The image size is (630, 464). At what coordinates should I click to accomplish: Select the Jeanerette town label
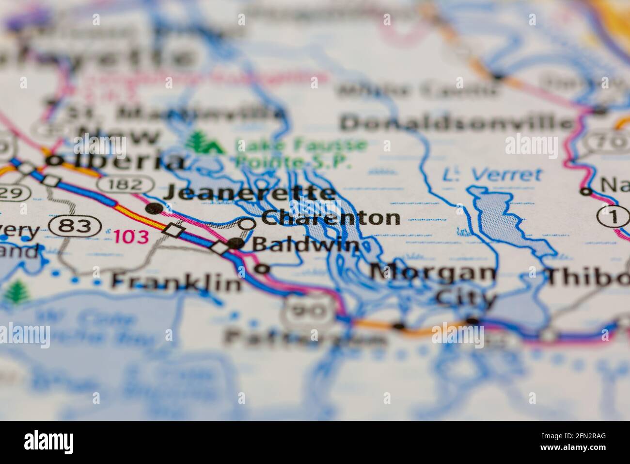tap(250, 193)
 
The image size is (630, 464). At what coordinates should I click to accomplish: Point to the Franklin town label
tap(176, 281)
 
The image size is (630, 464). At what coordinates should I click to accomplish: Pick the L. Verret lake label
tap(493, 174)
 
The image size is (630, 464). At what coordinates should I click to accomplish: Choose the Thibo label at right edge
tap(588, 277)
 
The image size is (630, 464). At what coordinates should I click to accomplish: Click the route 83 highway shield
tap(76, 226)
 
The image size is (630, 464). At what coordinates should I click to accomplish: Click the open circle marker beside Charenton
tap(248, 224)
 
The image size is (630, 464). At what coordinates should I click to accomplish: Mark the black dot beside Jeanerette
tap(154, 208)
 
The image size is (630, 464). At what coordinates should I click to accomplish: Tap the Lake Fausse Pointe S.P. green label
tap(300, 153)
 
